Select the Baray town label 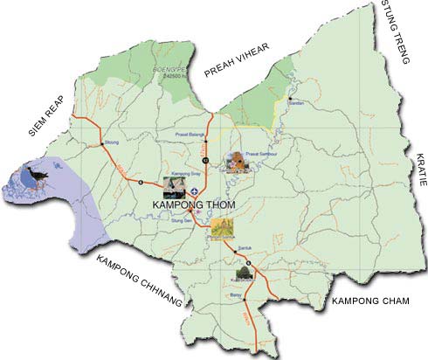click(x=235, y=296)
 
